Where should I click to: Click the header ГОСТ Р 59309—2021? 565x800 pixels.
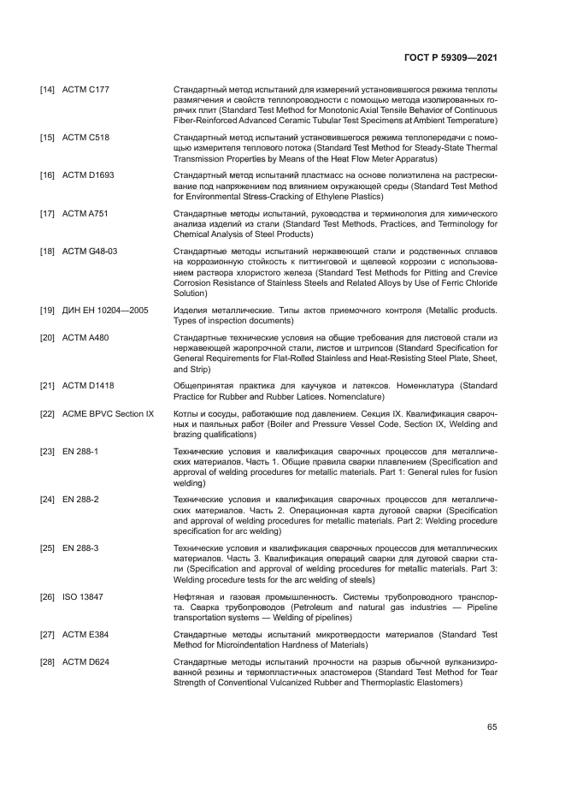(450, 58)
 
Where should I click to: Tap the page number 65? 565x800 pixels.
(491, 726)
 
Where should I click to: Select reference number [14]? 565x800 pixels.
(48, 89)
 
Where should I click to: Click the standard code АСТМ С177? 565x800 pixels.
(85, 89)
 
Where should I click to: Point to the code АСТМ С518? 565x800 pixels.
(85, 138)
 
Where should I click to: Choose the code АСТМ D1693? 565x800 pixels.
(89, 175)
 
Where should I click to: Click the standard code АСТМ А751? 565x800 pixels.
(85, 212)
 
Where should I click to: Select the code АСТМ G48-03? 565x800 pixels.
(91, 250)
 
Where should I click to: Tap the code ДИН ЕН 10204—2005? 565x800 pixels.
(105, 310)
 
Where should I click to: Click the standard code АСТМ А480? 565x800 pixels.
(85, 337)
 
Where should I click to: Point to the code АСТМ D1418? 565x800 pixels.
(89, 386)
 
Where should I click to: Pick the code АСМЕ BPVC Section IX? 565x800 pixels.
(109, 413)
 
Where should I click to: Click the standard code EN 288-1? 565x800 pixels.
(80, 450)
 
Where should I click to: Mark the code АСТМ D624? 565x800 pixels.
(85, 661)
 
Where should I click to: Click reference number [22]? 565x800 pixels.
(48, 413)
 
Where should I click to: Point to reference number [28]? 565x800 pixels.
(48, 661)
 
